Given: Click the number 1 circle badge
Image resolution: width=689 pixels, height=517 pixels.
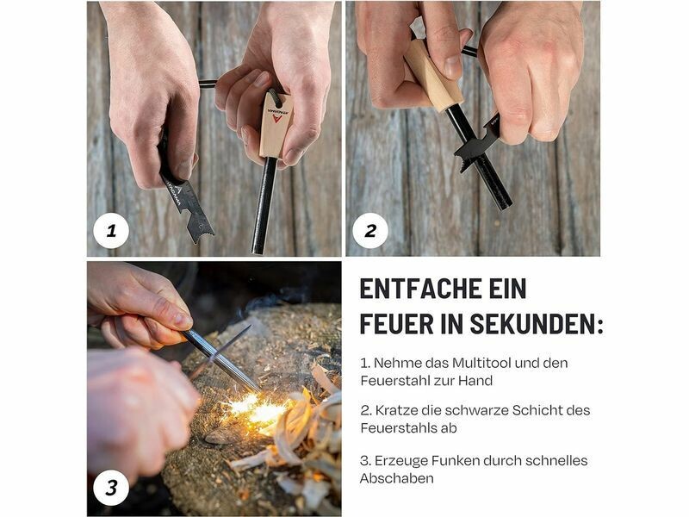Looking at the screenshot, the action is click(111, 230).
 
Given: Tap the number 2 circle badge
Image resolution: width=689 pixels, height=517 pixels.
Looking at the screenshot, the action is click(370, 230).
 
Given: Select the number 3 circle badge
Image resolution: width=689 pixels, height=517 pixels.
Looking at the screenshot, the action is click(111, 488).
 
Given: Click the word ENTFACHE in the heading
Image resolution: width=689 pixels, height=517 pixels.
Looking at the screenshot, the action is click(414, 289).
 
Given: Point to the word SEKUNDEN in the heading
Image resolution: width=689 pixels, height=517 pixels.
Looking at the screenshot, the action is click(533, 324).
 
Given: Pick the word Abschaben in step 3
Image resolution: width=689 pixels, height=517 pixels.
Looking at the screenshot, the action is click(397, 478).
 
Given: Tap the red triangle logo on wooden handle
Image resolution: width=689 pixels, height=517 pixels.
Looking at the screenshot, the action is click(276, 118).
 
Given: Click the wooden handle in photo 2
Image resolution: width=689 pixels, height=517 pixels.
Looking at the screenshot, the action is click(433, 75).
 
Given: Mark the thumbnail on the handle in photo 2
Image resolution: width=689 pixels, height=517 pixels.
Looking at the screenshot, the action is click(452, 66).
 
